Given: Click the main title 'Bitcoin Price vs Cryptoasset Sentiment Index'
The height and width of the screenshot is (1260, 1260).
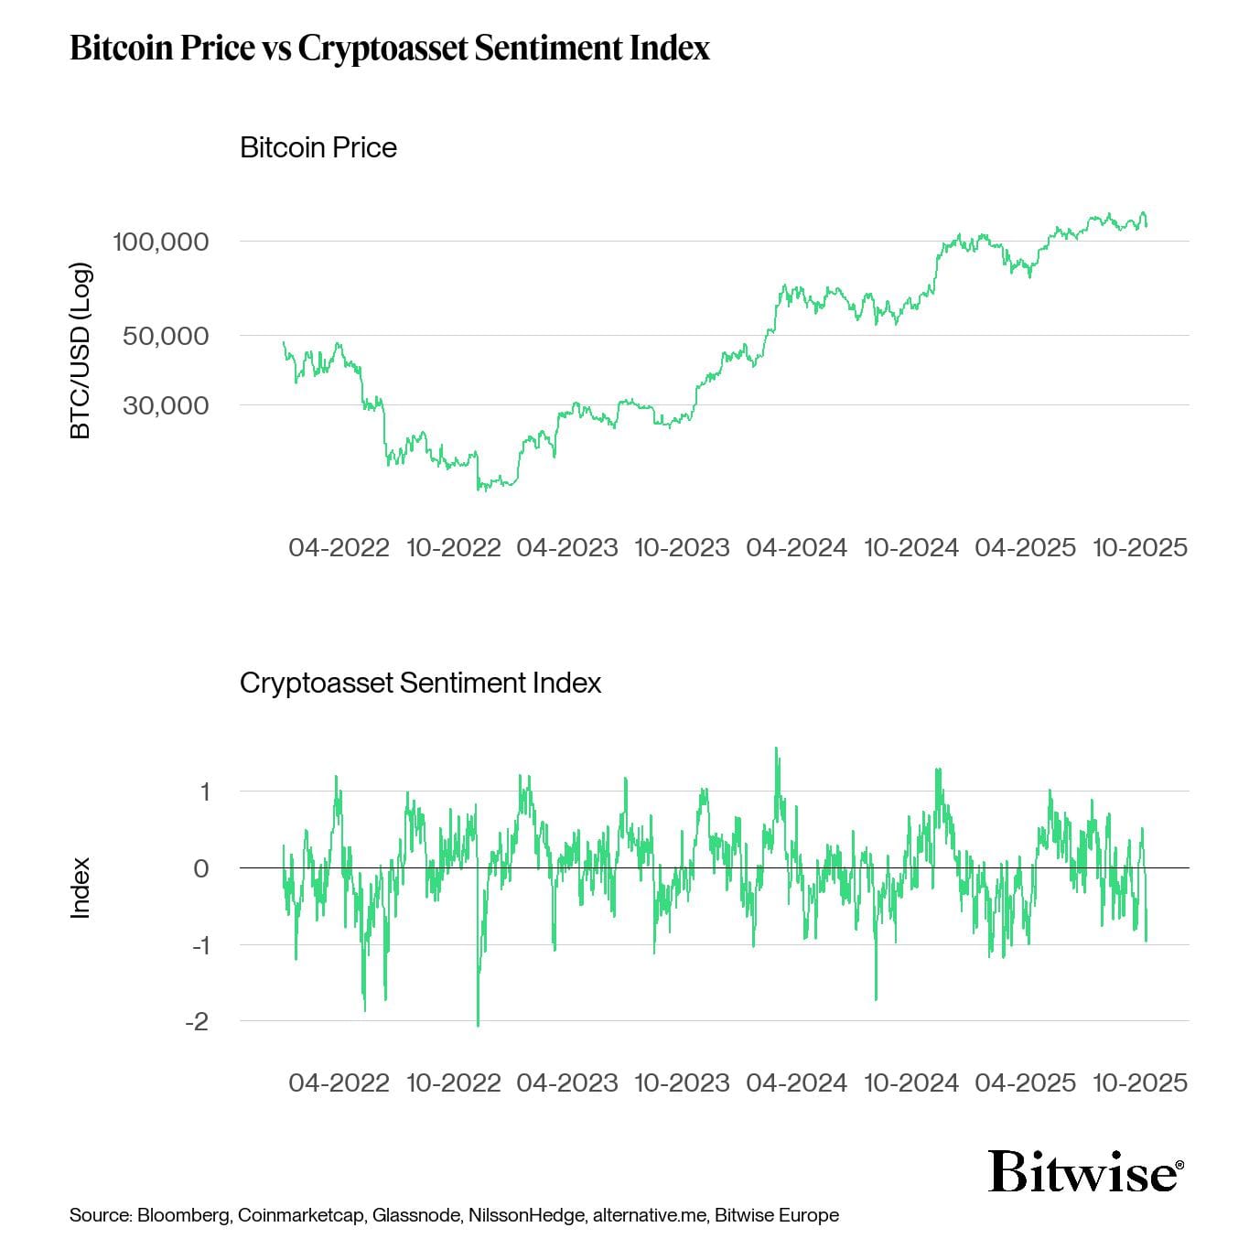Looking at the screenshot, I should [x=390, y=48].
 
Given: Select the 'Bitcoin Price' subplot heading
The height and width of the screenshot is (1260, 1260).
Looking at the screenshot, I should [x=318, y=147].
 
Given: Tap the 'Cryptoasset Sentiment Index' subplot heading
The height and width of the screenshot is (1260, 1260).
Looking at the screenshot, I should [x=420, y=683].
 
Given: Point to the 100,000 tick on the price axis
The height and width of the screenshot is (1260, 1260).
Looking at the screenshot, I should [x=160, y=242].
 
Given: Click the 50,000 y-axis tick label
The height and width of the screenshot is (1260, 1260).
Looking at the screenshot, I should [x=166, y=336].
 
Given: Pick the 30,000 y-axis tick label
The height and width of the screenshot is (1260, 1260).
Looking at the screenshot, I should [x=166, y=405].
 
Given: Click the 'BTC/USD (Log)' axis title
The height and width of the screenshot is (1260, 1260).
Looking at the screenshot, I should [x=81, y=351].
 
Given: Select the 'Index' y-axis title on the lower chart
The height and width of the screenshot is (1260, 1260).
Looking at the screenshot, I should [x=81, y=888].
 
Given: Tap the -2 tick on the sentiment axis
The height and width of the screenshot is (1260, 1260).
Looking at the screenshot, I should [x=197, y=1021].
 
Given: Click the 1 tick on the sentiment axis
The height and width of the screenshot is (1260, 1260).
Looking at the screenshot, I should [x=205, y=792].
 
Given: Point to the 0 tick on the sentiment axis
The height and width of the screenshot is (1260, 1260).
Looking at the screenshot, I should [x=201, y=868].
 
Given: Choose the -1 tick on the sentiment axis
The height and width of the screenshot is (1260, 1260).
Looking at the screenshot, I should [x=199, y=945].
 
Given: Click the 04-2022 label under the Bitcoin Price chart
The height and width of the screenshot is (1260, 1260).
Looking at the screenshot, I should [x=339, y=547].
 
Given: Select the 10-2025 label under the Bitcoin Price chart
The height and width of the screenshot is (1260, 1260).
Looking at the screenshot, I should [x=1139, y=547].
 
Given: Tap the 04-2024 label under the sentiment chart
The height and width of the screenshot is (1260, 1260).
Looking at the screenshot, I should [x=796, y=1082].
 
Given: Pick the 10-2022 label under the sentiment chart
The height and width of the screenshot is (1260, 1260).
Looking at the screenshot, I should [x=453, y=1082].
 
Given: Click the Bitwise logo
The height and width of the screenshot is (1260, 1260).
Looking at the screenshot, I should [x=1085, y=1171].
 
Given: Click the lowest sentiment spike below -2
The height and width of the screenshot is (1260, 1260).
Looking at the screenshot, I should [x=478, y=1024].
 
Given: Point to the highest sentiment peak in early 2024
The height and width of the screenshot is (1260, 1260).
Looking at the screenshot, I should [x=777, y=749].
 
